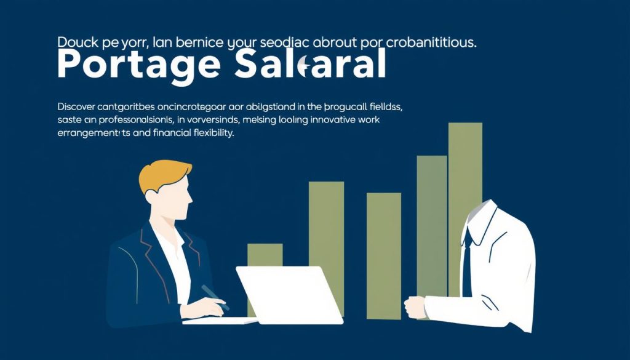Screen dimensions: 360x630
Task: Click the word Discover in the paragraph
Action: click(x=77, y=106)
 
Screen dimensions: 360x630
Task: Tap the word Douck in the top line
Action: click(x=76, y=43)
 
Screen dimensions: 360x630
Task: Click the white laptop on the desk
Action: click(x=289, y=294)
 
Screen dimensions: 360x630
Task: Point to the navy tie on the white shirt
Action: click(x=467, y=258)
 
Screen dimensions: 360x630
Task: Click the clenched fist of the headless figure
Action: click(x=415, y=306)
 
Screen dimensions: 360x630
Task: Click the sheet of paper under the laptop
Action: click(x=218, y=321)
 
